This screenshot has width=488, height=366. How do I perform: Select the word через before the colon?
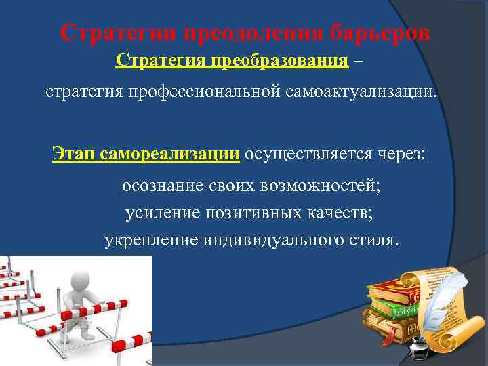point(398,153)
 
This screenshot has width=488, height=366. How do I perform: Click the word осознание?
point(162,185)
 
